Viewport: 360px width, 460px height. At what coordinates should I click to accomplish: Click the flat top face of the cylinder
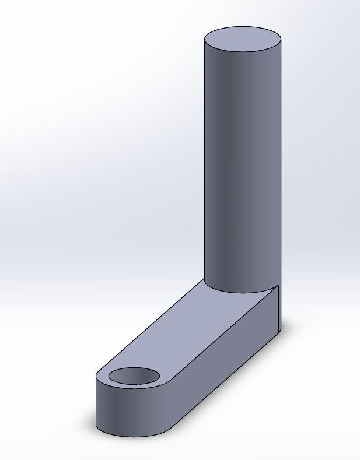[243, 40]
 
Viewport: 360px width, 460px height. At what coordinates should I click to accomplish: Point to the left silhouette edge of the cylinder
[205, 163]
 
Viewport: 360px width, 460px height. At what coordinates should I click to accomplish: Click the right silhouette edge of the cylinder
[281, 163]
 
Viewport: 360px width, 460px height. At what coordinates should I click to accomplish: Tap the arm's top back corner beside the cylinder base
[279, 285]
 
